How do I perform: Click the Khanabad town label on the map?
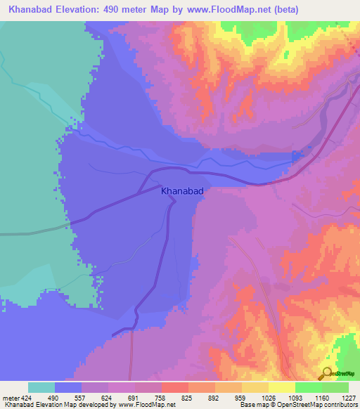[182, 190]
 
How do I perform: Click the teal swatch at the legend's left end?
[41, 387]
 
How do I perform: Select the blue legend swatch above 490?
[68, 387]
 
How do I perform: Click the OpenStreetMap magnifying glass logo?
[327, 373]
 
